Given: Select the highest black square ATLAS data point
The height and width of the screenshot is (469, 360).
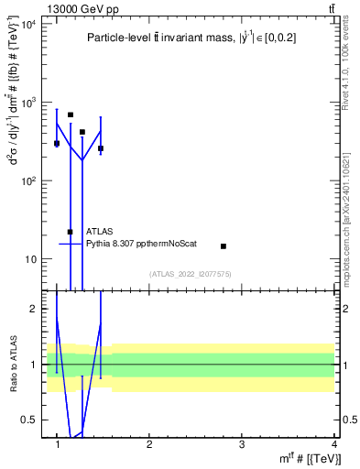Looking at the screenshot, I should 71,115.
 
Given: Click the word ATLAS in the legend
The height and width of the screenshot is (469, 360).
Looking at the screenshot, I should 100,232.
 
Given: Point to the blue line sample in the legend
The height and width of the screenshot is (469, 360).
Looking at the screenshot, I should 71,244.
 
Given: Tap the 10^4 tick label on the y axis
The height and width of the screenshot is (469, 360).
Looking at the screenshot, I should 27,24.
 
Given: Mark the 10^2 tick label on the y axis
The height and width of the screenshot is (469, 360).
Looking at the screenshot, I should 27,180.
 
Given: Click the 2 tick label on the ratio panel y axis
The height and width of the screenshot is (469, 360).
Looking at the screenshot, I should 33,309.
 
